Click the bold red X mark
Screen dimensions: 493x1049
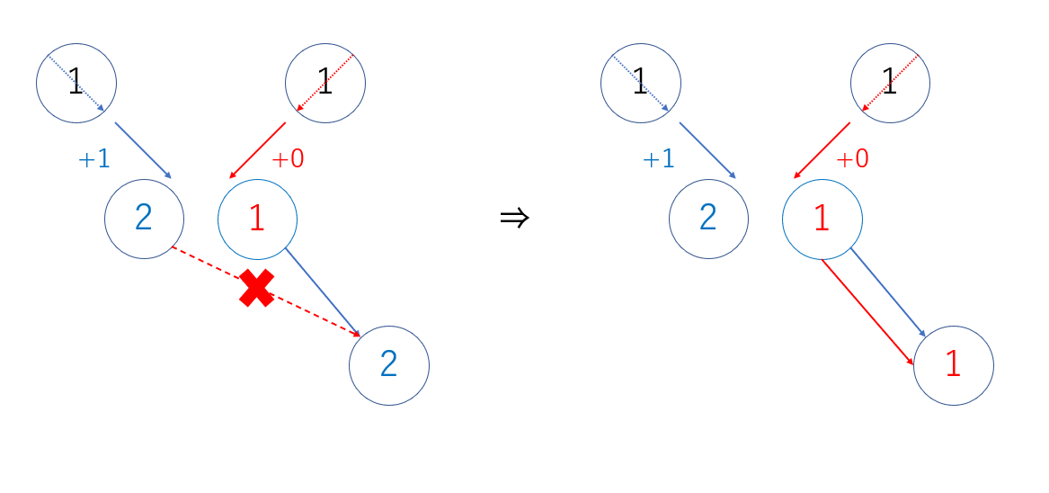(x=257, y=289)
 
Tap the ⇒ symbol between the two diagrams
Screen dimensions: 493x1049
(x=514, y=218)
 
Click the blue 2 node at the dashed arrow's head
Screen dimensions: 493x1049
(x=388, y=365)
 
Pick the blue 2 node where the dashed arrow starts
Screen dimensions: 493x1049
(x=144, y=219)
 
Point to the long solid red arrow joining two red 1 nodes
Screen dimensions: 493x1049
(x=867, y=311)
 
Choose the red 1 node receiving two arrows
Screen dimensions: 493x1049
(x=953, y=365)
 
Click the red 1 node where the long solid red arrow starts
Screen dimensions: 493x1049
(x=822, y=219)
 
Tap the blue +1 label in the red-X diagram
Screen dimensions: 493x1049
(x=94, y=159)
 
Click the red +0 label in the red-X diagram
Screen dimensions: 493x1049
(x=288, y=159)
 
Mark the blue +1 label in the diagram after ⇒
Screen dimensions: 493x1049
(x=659, y=159)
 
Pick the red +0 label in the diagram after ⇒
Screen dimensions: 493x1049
(x=852, y=159)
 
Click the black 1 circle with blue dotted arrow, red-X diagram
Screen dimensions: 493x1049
(x=76, y=83)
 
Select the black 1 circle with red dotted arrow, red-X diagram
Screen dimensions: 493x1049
(x=325, y=83)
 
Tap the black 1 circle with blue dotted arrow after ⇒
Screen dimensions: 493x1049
(x=641, y=83)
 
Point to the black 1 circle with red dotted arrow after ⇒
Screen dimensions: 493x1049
(x=890, y=83)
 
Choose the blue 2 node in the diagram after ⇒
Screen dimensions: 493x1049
(x=708, y=219)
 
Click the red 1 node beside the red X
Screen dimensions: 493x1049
(x=257, y=219)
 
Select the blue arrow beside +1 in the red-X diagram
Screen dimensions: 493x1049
(x=143, y=150)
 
